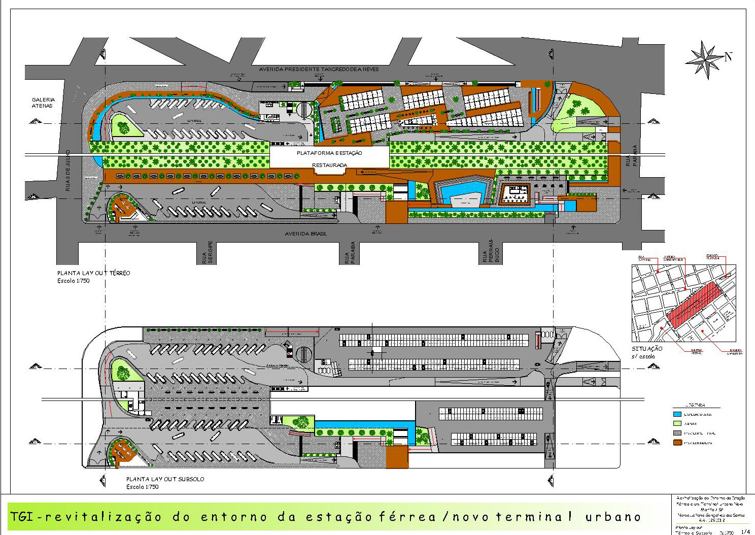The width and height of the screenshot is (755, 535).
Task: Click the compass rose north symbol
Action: point(706,59)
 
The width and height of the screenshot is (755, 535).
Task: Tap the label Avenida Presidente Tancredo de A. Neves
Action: point(318,69)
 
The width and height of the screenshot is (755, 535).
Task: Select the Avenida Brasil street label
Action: point(305,234)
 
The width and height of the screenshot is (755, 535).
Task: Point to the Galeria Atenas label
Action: point(43,103)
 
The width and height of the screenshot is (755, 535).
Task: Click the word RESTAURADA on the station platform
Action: point(329,165)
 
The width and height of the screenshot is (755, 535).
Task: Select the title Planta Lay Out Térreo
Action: point(93,273)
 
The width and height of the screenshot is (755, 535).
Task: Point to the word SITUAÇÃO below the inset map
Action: point(647,349)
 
